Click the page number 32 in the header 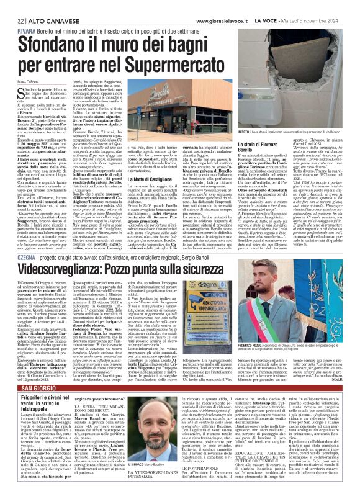coord(12,5)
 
